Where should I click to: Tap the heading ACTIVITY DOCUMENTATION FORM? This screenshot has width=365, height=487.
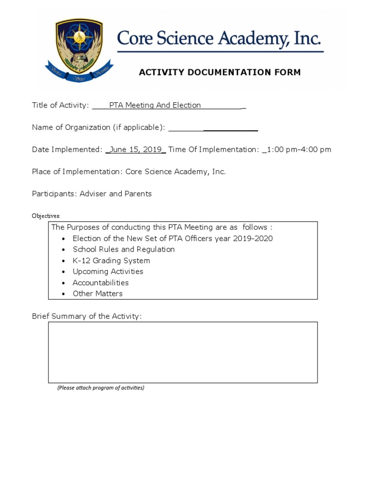220,72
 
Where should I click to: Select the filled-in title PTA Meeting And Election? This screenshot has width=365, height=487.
155,105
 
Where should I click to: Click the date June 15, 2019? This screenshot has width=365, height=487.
135,149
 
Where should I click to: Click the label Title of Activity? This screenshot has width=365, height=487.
60,105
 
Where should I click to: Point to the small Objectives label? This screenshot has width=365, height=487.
46,216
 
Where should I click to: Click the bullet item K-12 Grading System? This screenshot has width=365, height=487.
111,261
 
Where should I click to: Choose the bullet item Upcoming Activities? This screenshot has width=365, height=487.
108,272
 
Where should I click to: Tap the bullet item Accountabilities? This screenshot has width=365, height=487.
101,282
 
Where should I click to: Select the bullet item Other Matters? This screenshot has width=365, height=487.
97,293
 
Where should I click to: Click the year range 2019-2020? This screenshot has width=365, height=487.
253,238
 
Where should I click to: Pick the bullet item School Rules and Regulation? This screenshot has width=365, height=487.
124,249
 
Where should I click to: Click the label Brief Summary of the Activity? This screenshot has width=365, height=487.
86,316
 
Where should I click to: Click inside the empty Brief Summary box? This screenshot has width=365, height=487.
182,352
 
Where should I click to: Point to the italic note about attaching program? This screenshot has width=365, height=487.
101,388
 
